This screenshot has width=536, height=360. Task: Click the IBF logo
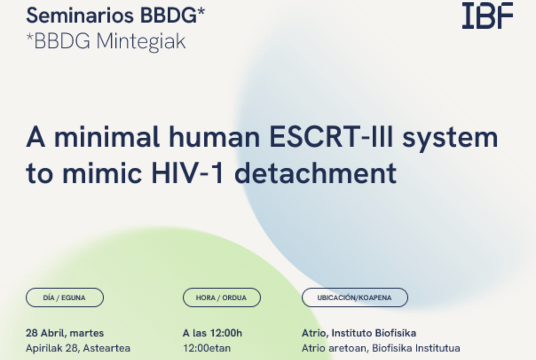488,16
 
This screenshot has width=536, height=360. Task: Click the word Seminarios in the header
80,16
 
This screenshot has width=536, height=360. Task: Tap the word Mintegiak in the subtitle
141,42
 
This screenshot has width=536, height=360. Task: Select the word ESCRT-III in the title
331,137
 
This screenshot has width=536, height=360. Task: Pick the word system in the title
450,139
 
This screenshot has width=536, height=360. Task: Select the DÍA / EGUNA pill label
65,297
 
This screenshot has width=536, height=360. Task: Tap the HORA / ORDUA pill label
221,297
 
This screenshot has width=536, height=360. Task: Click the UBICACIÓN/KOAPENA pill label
355,297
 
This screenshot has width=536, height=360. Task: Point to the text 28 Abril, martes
65,333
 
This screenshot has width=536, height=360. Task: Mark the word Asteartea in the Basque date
107,348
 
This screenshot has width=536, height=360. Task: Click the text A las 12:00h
213,333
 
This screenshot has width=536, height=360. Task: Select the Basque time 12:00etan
207,348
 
